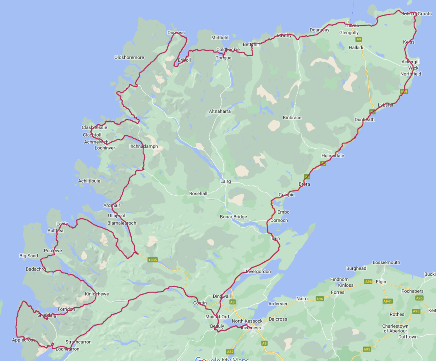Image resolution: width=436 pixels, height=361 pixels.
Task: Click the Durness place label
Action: pos(176,33)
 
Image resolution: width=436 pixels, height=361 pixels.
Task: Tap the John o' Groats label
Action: pos(416,14)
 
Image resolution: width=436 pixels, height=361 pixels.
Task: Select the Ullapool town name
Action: pos(117,215)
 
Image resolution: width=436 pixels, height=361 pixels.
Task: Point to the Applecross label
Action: pos(24,340)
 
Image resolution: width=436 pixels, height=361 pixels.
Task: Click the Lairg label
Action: pos(226,182)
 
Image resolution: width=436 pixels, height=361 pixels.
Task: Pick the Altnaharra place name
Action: pos(220,111)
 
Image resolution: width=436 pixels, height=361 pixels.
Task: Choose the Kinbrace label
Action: pos(292,118)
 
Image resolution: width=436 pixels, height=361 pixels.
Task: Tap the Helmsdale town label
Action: pos(333,156)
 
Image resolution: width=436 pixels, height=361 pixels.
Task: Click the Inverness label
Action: pos(251,328)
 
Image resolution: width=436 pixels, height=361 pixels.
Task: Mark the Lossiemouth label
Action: pos(386,263)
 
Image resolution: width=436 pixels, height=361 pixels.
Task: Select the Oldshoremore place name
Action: pos(129,58)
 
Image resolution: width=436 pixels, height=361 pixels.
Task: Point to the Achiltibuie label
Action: pos(89,181)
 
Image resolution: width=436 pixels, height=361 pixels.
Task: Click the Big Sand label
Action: pos(29,256)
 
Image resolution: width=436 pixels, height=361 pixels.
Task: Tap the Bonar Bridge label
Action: pos(233,217)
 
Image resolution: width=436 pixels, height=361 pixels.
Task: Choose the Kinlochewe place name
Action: pos(97,294)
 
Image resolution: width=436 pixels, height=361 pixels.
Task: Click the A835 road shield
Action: pos(153,260)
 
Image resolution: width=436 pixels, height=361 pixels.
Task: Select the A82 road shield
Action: pos(230,352)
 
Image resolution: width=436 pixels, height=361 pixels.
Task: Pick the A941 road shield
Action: pos(388,301)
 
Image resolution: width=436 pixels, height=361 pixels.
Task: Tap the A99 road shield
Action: pos(404,91)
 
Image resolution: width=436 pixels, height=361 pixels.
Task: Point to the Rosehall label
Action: pos(198,193)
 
